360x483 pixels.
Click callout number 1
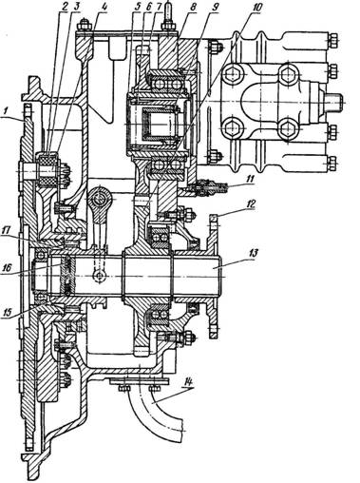pos(6,111)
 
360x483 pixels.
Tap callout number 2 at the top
pos(65,8)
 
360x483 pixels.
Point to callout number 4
pos(104,8)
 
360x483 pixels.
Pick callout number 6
pos(149,8)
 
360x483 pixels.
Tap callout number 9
pos(215,8)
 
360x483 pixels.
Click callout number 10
pos(256,7)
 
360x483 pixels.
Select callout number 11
pos(250,179)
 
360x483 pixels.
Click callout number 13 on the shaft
pos(254,253)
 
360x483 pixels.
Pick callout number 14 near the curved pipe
pos(188,382)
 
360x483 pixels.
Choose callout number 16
pos(6,268)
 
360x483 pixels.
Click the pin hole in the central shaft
pos(100,276)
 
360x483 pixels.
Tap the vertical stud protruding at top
pos(167,11)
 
